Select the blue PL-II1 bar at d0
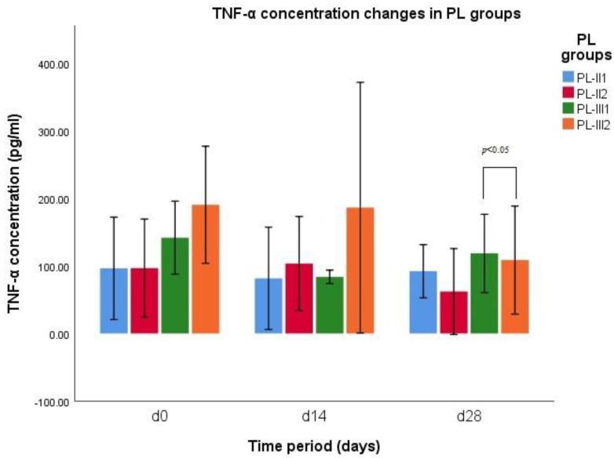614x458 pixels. click(114, 301)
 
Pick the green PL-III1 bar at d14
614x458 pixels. click(330, 305)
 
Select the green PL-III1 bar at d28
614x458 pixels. click(484, 293)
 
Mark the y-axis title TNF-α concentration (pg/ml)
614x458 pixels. click(14, 229)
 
